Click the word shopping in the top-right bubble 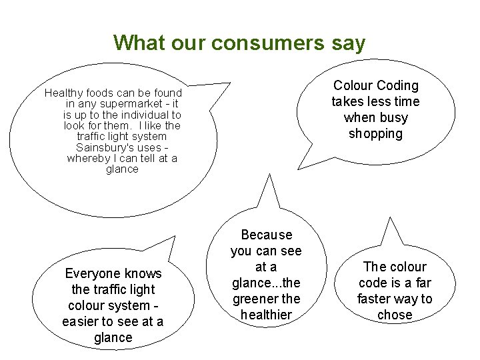[x=376, y=134]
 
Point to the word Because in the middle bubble [x=267, y=235]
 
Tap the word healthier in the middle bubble [x=267, y=315]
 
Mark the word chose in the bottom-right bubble [x=395, y=315]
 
